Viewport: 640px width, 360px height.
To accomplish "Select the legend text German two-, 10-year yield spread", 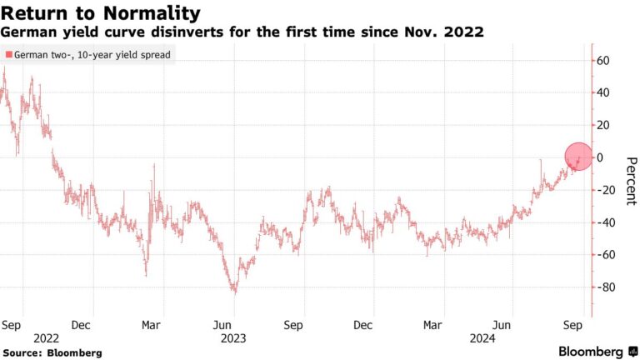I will click(91, 55).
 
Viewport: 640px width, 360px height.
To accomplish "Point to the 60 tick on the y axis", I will click(602, 61).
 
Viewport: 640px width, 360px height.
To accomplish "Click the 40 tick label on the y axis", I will click(602, 92).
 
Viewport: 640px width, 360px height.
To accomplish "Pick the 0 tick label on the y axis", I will click(599, 157).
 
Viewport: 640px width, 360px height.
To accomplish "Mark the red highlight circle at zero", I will click(578, 157).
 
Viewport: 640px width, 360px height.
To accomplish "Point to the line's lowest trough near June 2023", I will click(235, 292).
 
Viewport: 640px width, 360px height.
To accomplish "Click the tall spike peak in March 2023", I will click(153, 166).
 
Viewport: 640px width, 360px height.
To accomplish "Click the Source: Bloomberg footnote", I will click(52, 352).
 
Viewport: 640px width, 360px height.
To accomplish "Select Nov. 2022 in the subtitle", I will click(449, 32).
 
